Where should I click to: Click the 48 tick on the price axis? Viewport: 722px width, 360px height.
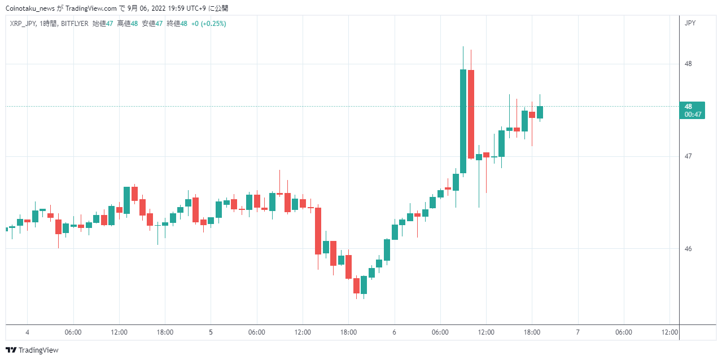(688, 64)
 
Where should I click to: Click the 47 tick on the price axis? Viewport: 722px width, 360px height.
(688, 156)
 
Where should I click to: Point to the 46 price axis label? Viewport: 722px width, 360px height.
(688, 249)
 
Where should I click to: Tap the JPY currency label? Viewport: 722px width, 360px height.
(690, 23)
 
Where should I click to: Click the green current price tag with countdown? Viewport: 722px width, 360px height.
(692, 110)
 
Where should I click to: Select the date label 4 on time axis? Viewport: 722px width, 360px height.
(28, 332)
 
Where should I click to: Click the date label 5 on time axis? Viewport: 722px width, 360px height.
(211, 332)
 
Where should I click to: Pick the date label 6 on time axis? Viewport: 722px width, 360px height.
(394, 332)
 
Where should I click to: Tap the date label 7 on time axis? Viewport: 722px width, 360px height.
(577, 332)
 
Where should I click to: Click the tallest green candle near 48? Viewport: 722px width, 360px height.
(463, 121)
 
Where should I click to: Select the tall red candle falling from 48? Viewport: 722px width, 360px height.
(471, 114)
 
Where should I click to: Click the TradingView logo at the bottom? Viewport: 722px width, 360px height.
(32, 350)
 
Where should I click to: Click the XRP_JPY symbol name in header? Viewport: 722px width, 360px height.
(23, 24)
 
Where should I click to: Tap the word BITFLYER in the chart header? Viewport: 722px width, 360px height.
(75, 24)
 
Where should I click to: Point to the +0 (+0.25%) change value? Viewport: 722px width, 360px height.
(208, 24)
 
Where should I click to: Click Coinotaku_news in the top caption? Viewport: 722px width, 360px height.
(30, 8)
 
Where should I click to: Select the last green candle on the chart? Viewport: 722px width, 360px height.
(540, 112)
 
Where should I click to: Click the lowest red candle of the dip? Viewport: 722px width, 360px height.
(357, 286)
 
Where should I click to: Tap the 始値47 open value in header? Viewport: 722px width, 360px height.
(103, 24)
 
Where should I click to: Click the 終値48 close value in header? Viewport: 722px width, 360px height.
(177, 24)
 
